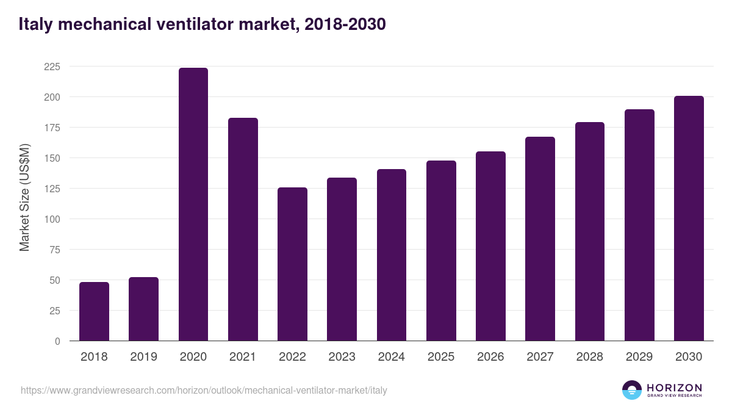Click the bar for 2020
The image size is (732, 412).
[193, 204]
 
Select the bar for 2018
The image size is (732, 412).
[94, 311]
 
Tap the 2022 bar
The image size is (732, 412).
[292, 264]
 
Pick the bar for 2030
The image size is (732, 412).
[689, 219]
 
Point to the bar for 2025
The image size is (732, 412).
[441, 251]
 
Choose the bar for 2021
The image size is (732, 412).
[243, 229]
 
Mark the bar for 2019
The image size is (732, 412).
[143, 309]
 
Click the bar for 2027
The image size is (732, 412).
[540, 239]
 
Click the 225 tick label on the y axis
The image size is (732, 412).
[52, 67]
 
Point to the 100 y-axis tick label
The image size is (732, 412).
[52, 219]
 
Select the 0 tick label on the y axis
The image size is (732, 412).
[57, 341]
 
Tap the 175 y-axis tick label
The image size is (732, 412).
[52, 128]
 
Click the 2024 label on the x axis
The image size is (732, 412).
[391, 357]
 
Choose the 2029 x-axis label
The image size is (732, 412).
[639, 357]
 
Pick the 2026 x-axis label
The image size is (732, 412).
[490, 357]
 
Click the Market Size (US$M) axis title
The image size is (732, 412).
[24, 197]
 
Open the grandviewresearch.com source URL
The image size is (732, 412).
[204, 390]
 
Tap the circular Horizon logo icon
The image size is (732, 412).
[632, 390]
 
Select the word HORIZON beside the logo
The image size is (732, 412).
[674, 387]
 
